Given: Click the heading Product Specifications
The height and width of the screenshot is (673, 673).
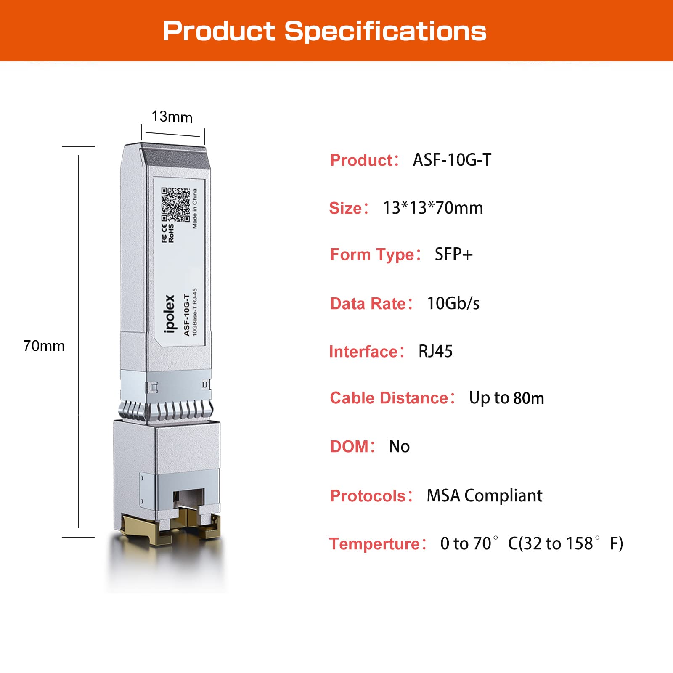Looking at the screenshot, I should click(324, 31).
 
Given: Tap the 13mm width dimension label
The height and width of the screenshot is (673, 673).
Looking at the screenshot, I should click(172, 117).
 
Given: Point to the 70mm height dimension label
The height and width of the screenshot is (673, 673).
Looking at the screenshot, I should click(44, 346).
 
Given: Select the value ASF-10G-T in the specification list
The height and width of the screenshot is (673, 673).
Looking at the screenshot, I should click(452, 160).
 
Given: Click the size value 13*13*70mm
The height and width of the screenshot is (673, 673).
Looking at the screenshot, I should click(432, 208).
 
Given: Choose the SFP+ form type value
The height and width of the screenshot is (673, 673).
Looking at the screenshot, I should click(453, 254).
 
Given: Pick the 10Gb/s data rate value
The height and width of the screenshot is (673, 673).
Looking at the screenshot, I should click(453, 303).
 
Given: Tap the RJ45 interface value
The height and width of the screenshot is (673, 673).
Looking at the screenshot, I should click(435, 351).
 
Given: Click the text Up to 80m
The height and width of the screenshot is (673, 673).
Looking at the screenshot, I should click(506, 398).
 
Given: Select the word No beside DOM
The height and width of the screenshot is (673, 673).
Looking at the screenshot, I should click(399, 446).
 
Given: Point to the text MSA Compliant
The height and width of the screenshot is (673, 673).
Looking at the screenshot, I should click(484, 495).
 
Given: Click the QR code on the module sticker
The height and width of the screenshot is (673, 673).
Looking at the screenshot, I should click(175, 204).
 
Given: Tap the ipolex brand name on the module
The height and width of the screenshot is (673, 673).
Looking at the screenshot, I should click(170, 313).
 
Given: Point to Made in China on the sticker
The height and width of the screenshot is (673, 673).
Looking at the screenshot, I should click(195, 209).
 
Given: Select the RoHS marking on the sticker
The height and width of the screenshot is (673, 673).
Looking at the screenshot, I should click(171, 233).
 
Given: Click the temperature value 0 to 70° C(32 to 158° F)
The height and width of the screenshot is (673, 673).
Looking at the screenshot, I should click(531, 543).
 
